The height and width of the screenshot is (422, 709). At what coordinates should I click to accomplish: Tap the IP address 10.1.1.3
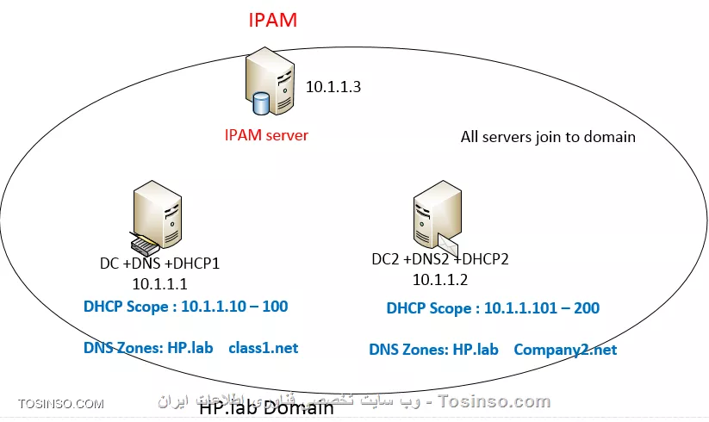[333, 87]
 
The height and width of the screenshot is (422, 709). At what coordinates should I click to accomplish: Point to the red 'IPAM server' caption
[266, 135]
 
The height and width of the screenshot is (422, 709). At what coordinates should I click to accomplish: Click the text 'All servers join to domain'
[548, 136]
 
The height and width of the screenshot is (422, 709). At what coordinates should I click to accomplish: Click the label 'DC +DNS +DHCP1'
[159, 264]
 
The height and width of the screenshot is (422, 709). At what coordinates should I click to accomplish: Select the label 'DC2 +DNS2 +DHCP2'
[440, 259]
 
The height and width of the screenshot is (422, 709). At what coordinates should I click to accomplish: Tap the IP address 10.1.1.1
[159, 283]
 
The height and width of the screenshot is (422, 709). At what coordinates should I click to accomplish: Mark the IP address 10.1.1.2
[439, 279]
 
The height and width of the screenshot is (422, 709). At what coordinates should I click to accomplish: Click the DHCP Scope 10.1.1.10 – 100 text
[185, 307]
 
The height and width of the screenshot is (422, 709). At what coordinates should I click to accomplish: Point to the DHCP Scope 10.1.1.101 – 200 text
[493, 308]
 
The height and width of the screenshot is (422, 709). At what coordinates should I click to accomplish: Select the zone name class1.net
[263, 348]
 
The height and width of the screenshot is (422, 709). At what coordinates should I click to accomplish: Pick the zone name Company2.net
[565, 350]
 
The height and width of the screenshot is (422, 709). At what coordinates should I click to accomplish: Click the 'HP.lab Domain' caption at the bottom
[266, 409]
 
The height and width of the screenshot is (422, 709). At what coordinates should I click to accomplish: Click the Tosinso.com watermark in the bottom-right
[494, 401]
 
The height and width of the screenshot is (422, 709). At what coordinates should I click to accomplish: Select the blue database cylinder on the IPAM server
[261, 105]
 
